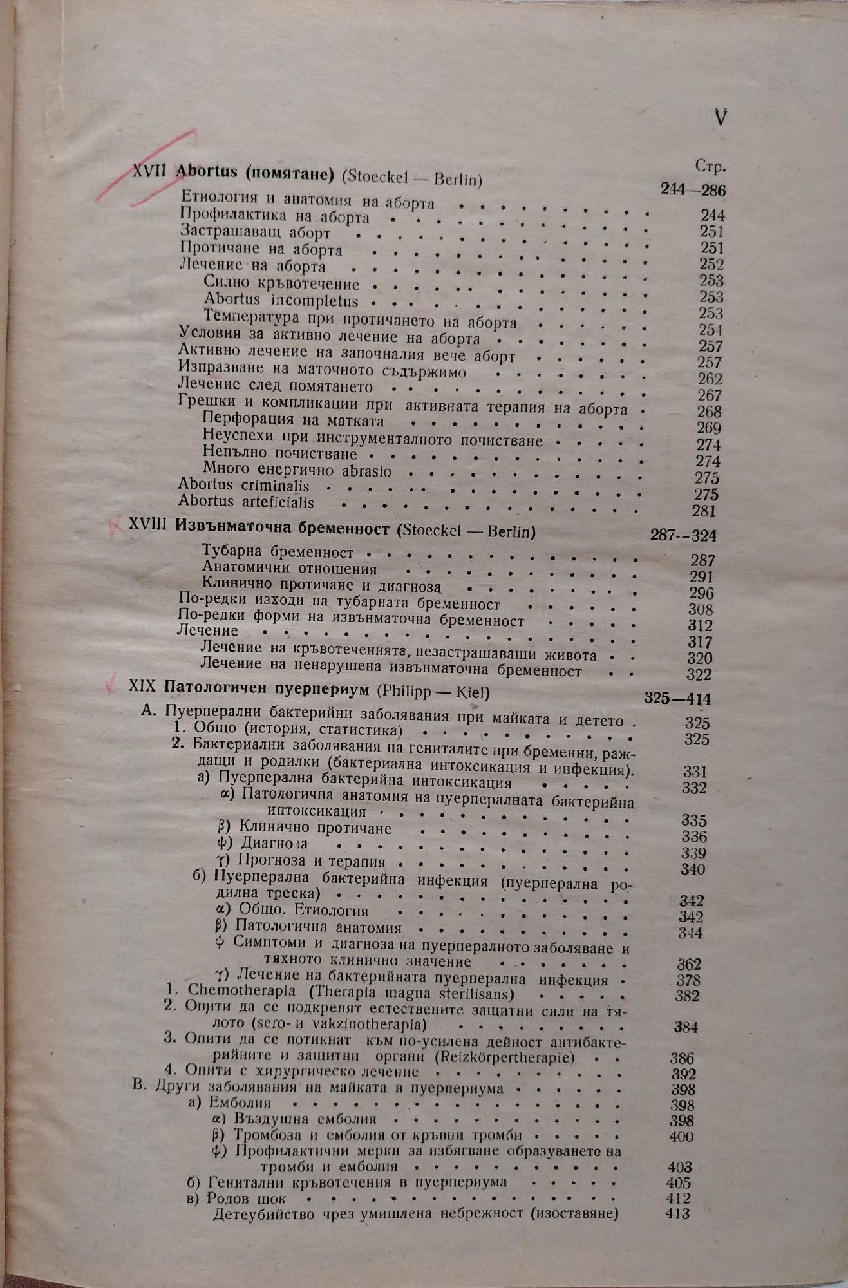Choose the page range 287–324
point(684,536)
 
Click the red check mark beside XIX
point(113,684)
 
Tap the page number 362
point(689,964)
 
